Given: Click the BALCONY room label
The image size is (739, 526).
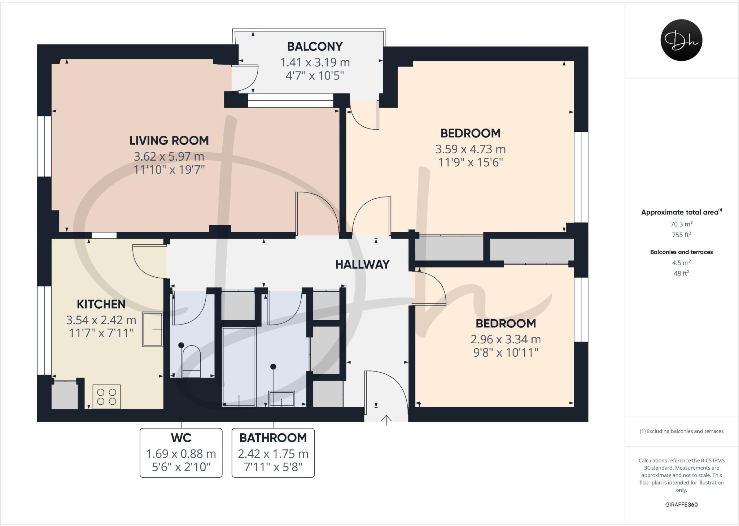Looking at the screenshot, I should coord(315,47).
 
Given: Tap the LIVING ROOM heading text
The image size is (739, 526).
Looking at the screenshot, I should coord(169,140).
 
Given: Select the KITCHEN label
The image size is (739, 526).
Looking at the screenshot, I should coord(101,304).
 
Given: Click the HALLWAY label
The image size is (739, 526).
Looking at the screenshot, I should coord(362,265).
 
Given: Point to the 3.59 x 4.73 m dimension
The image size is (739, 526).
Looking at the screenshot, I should coord(470,149).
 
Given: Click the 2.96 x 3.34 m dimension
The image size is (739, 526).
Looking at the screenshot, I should coord(506,339).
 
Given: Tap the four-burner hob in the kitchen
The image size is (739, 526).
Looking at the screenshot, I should coord(106,396).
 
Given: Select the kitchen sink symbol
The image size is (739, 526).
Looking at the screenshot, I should coord(153,329).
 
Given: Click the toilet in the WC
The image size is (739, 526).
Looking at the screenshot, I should coord(191,359).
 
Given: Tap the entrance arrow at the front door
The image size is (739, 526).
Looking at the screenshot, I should coord(386,420).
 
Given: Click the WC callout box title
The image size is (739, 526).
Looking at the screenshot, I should coord(181,438).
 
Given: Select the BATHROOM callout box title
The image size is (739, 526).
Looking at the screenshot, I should coord(273,438).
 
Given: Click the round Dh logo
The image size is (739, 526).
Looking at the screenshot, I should coord(681,40).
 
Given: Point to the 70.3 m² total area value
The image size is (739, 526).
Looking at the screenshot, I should coord(681,224).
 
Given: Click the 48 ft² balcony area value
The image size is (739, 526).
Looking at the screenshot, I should coord(681,273).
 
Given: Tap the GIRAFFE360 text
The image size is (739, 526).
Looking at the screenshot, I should coord(681,505).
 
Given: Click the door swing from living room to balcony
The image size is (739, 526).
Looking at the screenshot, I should coord(245,78).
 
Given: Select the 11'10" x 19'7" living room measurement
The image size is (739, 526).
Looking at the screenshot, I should coord(169,169).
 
